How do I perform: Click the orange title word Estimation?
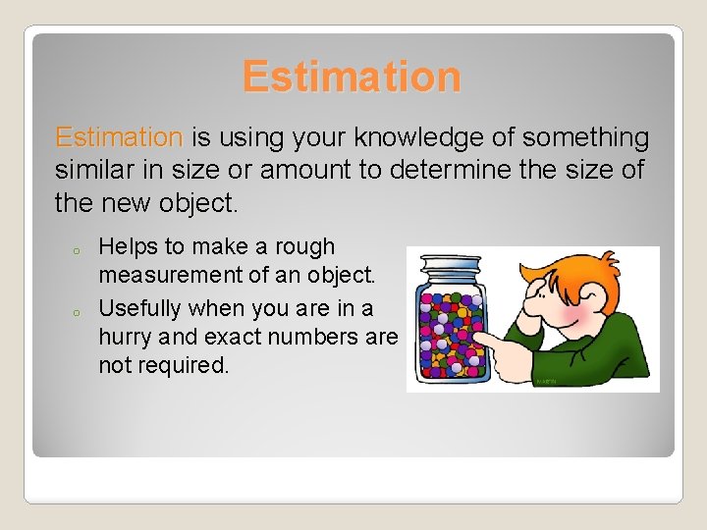[x=352, y=77]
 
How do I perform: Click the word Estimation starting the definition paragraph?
[x=119, y=136]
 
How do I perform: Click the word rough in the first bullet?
[x=303, y=246]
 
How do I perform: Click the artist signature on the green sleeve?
[x=547, y=380]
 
